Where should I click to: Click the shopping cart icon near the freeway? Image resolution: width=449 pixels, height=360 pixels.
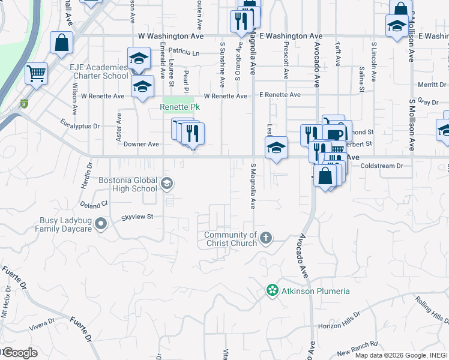[x=37, y=74]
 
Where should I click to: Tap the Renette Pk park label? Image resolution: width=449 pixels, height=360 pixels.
[x=179, y=107]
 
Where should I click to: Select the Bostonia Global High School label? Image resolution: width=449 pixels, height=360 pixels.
[x=128, y=185]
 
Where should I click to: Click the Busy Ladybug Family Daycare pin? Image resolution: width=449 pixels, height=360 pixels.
[x=101, y=224]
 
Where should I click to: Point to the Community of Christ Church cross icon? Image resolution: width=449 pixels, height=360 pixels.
[x=266, y=239]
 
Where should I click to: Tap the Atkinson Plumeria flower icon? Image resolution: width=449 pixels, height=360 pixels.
[x=272, y=291]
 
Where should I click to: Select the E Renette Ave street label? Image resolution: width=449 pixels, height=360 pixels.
[x=280, y=95]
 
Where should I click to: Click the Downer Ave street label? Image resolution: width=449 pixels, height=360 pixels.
[x=141, y=144]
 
